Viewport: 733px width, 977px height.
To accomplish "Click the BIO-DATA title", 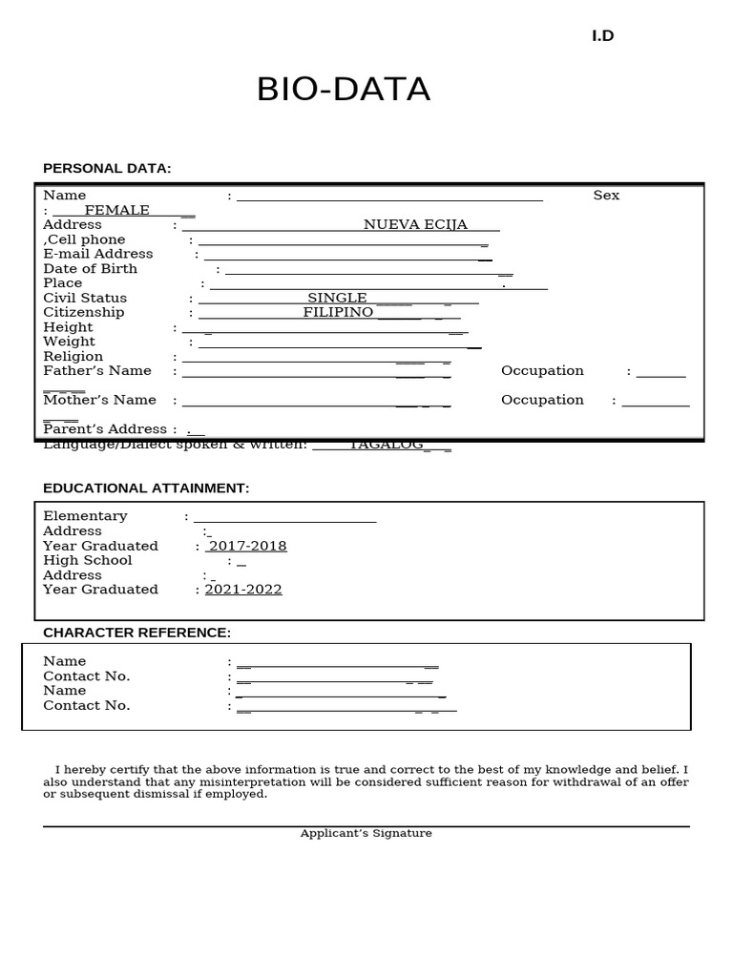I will click(344, 90).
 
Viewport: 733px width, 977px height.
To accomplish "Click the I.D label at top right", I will click(602, 36).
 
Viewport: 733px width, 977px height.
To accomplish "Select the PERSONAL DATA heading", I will click(107, 168).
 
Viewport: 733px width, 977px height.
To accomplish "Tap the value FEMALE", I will click(116, 210).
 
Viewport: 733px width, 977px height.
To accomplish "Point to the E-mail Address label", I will click(97, 254).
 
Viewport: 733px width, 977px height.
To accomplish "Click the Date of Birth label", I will click(90, 269).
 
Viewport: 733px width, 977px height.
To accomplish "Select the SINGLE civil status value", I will click(337, 299).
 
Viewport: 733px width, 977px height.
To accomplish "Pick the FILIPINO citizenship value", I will click(338, 313).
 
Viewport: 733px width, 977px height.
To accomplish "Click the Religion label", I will click(73, 357).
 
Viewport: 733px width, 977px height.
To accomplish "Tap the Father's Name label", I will click(96, 371).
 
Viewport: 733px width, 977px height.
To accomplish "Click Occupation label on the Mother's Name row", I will click(542, 400).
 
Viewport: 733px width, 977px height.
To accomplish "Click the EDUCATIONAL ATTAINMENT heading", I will click(146, 488).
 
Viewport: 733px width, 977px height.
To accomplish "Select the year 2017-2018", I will click(247, 547).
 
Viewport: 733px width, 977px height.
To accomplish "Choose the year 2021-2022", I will click(243, 590).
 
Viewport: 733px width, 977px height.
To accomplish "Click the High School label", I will click(87, 561).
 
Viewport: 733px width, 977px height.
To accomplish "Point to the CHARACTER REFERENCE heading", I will click(136, 633).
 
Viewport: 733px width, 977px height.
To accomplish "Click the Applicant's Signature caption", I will click(366, 834).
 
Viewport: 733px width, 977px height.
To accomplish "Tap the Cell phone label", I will click(86, 239).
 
